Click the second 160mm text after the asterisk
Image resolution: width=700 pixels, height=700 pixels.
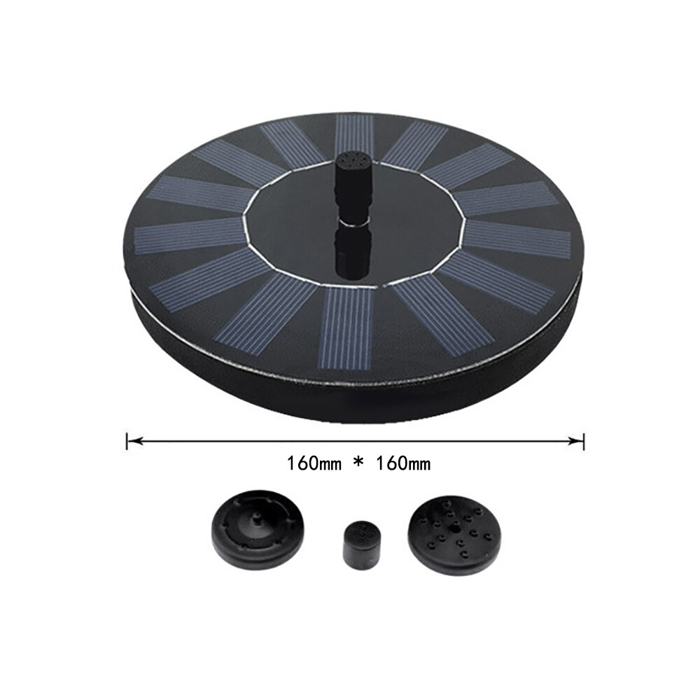tap(402, 463)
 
